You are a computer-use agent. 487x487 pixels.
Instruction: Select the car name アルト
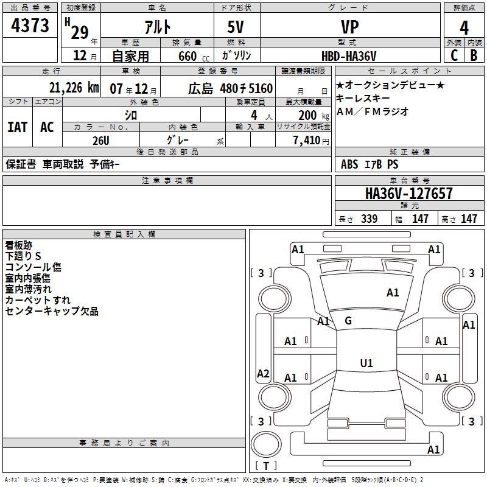pos(157,27)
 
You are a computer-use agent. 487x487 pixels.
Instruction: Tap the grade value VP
pos(349,27)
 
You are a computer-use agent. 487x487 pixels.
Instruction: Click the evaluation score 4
pos(464,27)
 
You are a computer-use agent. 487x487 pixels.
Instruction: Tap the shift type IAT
pos(17,127)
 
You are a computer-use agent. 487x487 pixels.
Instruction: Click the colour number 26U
pos(101,140)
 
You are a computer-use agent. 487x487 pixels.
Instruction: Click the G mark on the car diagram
pos(348,321)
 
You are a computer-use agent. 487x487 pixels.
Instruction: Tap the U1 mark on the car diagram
pos(366,363)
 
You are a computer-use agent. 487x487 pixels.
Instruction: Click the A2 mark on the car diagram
pos(263,374)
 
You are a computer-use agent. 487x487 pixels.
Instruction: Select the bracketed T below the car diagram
pos(265,466)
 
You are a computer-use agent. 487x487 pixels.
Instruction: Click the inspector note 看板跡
pos(18,245)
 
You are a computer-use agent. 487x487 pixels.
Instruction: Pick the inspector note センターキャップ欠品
pos(52,311)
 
